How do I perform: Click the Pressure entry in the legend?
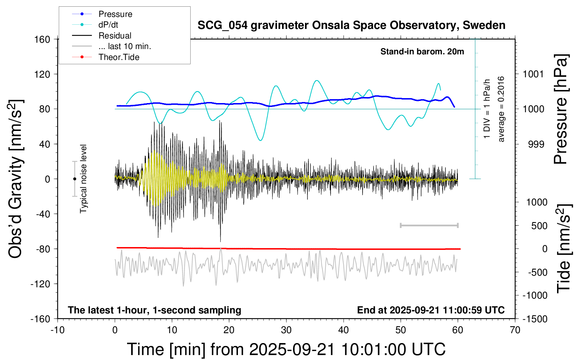click(x=115, y=14)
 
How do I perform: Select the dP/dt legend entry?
click(x=108, y=25)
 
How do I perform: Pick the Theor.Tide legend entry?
click(x=119, y=57)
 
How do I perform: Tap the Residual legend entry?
click(x=115, y=36)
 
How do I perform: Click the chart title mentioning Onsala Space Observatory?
click(x=351, y=25)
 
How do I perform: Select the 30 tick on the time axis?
click(x=286, y=330)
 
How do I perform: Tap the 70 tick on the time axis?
click(x=515, y=330)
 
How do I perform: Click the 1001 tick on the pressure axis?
click(x=533, y=74)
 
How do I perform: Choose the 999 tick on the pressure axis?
click(x=536, y=144)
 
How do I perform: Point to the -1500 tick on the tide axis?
click(x=535, y=319)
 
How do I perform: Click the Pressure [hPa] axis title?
click(x=561, y=109)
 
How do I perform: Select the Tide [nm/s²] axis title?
click(x=564, y=249)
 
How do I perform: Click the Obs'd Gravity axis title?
click(x=16, y=179)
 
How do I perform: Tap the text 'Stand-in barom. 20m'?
click(x=422, y=52)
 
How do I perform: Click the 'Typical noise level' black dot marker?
click(x=74, y=179)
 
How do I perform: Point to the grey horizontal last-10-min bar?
click(x=429, y=226)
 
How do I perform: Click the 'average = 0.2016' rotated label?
click(x=501, y=109)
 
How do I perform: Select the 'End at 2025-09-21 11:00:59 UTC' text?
click(x=431, y=310)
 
